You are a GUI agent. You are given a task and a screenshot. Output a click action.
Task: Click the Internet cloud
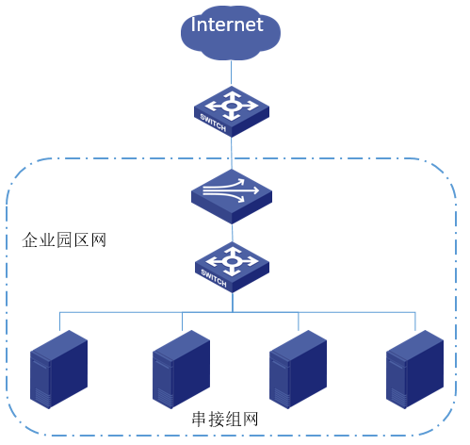[x=231, y=33]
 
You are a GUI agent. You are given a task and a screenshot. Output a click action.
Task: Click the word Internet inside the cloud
[x=227, y=25]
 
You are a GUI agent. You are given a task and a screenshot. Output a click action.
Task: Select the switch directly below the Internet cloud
[x=232, y=111]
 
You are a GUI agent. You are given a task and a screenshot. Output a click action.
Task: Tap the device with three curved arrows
[x=232, y=196]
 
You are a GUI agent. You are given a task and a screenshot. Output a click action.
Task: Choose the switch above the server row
[x=232, y=267]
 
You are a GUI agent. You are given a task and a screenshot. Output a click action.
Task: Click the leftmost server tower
[x=58, y=370]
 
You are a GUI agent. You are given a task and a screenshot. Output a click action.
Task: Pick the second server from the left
[x=181, y=370]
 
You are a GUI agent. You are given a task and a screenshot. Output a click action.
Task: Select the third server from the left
[x=298, y=370]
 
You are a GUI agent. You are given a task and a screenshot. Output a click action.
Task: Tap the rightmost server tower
[x=414, y=370]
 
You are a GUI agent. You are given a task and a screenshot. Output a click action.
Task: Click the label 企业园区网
[x=64, y=240]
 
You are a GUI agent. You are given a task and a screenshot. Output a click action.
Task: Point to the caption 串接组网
[x=225, y=420]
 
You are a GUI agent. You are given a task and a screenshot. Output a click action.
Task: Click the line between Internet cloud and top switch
[x=232, y=74]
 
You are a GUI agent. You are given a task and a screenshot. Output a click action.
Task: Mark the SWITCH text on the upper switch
[x=213, y=123]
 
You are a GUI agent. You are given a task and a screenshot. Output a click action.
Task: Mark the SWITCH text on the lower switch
[x=214, y=278]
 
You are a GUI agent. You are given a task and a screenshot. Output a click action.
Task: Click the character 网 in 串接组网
[x=250, y=420]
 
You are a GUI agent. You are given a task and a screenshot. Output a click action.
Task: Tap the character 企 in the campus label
[x=30, y=240]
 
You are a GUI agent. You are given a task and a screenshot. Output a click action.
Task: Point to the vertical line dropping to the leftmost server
[x=59, y=321]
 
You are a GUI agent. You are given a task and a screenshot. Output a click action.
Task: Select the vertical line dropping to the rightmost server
[x=415, y=321]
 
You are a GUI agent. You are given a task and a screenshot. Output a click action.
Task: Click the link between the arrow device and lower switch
[x=233, y=233]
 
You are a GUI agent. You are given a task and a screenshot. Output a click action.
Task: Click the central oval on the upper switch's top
[x=232, y=106]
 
